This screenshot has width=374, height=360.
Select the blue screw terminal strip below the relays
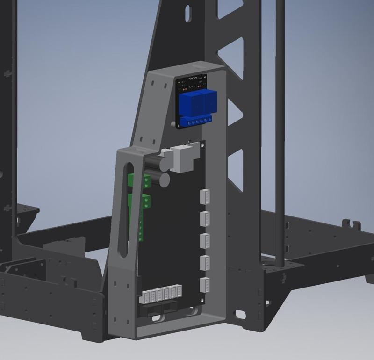[x=197, y=122]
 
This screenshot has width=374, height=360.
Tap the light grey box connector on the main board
[x=183, y=158]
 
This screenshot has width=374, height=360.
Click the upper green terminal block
[x=147, y=180]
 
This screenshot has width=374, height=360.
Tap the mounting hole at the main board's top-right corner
[x=201, y=146]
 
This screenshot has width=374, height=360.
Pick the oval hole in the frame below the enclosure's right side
[x=240, y=314]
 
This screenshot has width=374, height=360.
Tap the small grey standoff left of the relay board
[x=174, y=124]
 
